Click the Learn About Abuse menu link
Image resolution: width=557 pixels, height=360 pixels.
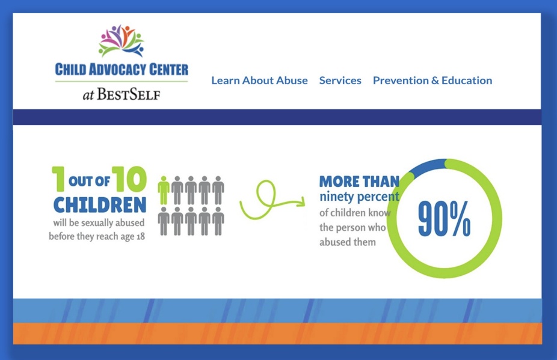point(259,81)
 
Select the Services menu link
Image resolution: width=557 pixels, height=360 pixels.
point(340,81)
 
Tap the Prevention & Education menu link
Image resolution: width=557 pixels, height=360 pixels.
point(432,81)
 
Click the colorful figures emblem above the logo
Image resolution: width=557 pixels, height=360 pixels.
point(122,41)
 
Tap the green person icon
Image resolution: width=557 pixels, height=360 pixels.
point(164,190)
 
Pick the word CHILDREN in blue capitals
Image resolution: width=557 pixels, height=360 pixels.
point(100,205)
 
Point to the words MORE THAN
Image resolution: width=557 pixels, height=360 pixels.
point(359,182)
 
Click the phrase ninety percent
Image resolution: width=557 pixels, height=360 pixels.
point(359,197)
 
